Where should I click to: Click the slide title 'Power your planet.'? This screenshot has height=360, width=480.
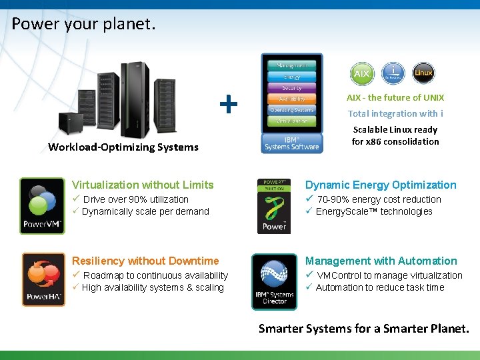[83, 25]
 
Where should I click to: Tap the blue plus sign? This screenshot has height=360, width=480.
[229, 104]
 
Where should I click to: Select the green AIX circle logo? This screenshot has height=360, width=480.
[361, 73]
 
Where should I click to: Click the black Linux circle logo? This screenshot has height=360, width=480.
[423, 73]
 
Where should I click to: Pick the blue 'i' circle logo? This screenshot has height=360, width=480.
[394, 73]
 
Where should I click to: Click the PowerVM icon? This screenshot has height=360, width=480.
[43, 205]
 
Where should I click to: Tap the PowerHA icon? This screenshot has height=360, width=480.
[44, 279]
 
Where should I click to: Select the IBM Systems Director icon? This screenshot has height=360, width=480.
[274, 281]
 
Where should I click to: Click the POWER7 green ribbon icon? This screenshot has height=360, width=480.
[274, 206]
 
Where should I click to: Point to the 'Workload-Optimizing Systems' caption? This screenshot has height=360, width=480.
[123, 147]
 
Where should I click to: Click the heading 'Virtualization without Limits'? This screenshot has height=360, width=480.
[143, 185]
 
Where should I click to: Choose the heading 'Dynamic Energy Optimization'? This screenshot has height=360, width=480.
[381, 185]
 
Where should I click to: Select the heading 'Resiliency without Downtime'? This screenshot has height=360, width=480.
[145, 261]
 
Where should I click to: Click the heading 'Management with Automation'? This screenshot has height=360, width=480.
[381, 261]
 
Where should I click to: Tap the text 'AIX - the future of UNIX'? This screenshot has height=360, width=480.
[395, 97]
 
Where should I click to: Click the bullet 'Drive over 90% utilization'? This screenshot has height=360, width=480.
[135, 199]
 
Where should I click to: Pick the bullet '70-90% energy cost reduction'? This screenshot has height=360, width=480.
[379, 199]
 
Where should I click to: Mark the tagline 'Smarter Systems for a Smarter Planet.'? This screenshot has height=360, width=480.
[363, 328]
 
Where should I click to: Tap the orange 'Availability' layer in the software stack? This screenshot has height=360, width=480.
[291, 99]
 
